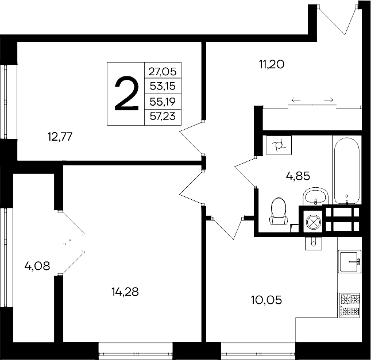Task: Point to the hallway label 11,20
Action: [x=272, y=64]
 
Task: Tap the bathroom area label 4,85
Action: [x=298, y=176]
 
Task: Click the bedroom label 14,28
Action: [x=125, y=291]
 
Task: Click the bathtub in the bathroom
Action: [x=346, y=171]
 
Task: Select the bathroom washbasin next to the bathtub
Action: [x=315, y=196]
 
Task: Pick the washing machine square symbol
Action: [x=280, y=145]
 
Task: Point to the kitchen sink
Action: [x=349, y=262]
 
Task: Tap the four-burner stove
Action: [x=350, y=304]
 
